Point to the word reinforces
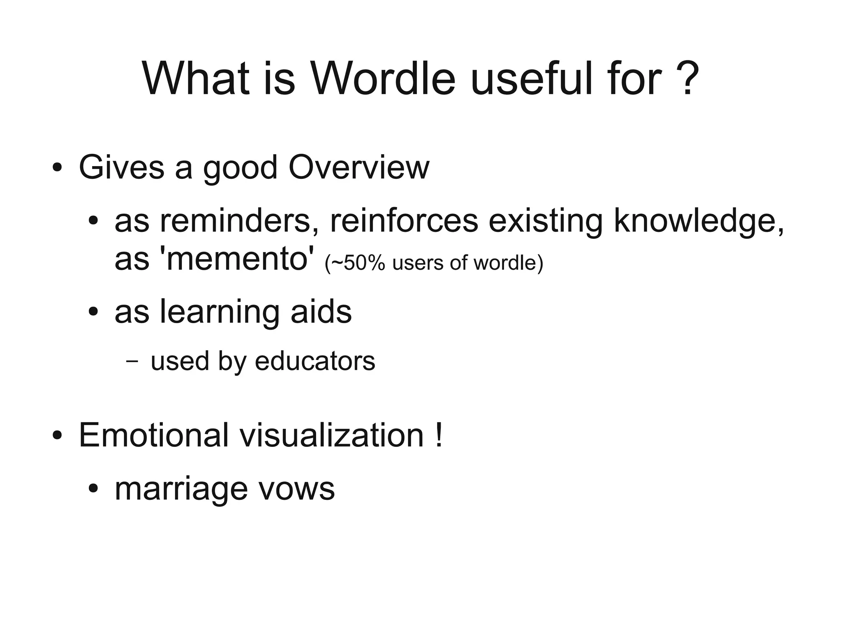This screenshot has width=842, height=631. coord(404,221)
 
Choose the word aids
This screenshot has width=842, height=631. coord(321,312)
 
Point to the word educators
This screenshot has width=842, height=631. coord(315,361)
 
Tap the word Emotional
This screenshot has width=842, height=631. coord(153,435)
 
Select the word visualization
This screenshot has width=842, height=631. coord(332,435)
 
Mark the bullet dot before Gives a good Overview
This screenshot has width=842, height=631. coord(57,169)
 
